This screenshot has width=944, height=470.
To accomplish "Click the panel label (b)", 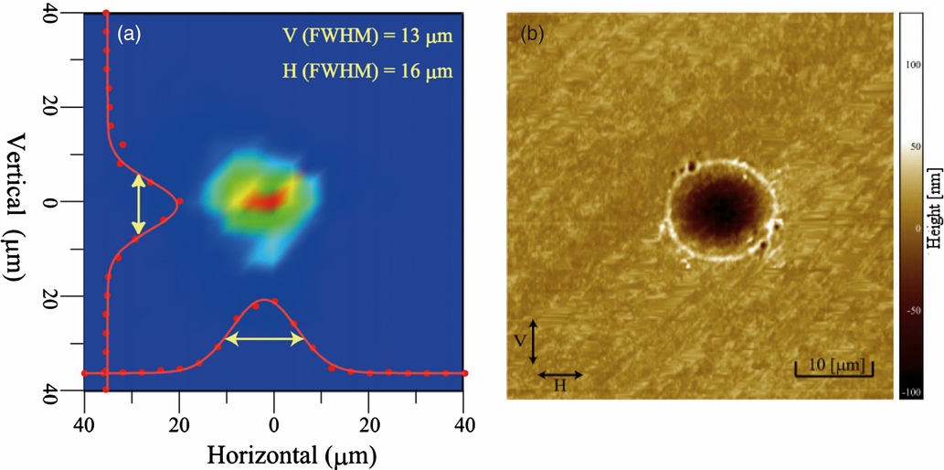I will [x=532, y=35].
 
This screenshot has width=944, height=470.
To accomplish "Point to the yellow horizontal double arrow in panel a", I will [x=265, y=338].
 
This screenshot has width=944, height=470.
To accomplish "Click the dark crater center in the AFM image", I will [x=722, y=208].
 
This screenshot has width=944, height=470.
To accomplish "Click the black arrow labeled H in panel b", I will [x=559, y=375].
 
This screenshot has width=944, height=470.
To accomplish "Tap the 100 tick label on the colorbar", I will [x=915, y=65].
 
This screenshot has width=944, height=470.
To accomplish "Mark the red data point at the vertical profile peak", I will [x=180, y=201].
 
